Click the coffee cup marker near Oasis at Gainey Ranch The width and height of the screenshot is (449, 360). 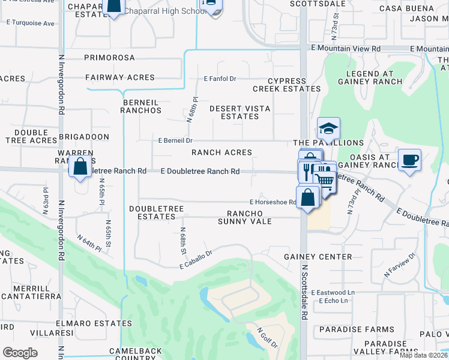point(409,160)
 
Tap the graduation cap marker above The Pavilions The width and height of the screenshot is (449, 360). point(328,128)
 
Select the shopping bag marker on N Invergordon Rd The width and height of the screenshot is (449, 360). point(80,166)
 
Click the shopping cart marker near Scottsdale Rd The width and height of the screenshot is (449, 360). point(325,178)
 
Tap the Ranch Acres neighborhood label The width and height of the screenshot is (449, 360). point(221,152)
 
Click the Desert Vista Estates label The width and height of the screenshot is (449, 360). point(240,112)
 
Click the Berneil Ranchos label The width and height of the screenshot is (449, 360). point(140,106)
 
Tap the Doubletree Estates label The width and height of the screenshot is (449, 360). point(156,212)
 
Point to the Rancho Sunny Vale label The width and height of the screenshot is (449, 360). point(249,217)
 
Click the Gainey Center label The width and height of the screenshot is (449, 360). point(318,257)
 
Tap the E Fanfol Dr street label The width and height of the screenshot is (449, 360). point(220,79)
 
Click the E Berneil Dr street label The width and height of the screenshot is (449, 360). point(175,140)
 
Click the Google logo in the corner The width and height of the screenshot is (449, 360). point(20,352)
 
